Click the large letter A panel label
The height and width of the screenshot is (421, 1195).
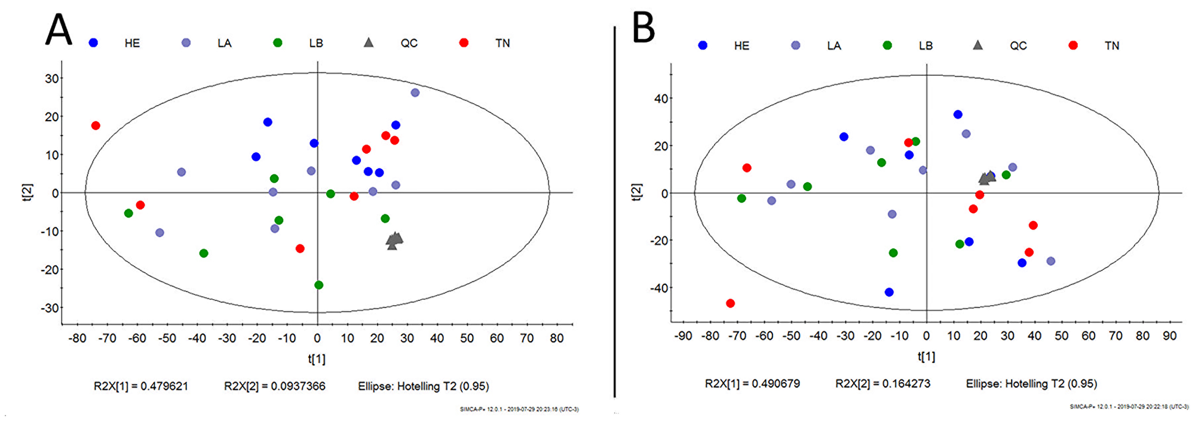tap(59, 30)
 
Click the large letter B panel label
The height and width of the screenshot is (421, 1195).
tap(644, 28)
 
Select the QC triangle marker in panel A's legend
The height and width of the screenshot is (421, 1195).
tap(369, 42)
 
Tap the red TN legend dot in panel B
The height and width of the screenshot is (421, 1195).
tap(1073, 45)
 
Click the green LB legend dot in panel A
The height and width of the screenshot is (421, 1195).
tap(278, 43)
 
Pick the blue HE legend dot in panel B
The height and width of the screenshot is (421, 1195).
tap(703, 45)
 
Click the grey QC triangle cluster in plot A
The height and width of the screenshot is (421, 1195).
tap(394, 240)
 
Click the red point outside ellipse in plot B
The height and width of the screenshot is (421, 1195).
tap(730, 303)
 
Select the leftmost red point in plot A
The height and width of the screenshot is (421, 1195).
tap(96, 125)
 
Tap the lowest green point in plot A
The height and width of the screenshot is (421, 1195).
tap(318, 285)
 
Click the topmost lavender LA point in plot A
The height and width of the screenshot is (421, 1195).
tap(415, 93)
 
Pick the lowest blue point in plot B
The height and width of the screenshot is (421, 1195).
tap(889, 292)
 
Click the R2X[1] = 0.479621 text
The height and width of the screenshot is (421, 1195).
tap(141, 386)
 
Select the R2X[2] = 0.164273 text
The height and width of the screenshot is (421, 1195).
tap(883, 383)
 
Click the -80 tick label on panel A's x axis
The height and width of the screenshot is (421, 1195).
tap(77, 339)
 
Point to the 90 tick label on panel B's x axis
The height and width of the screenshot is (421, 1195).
tap(1169, 336)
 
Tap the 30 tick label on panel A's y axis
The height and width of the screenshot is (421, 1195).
tap(52, 79)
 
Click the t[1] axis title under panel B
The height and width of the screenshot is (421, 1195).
tap(926, 357)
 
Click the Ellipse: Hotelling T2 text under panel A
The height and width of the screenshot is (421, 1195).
tap(423, 386)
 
